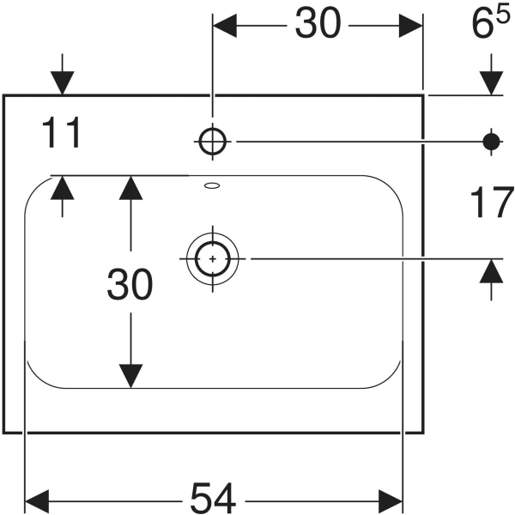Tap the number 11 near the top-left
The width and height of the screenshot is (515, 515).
(x=62, y=134)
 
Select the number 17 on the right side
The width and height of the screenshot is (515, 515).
(x=492, y=204)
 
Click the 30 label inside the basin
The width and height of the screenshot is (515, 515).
(x=130, y=285)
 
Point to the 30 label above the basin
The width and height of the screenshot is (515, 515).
(x=318, y=25)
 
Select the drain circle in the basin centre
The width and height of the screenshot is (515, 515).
(x=210, y=257)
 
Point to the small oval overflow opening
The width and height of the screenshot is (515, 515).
(x=212, y=184)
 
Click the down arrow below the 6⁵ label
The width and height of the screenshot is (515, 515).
(x=492, y=82)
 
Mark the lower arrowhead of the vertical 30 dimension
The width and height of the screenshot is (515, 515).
(x=130, y=375)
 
